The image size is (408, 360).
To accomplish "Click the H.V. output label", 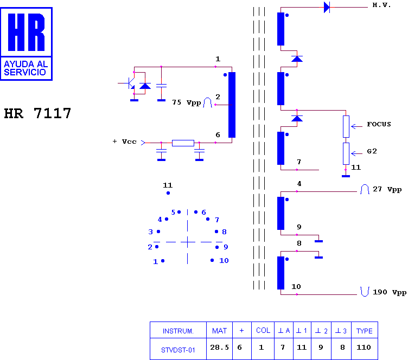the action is point(381,5).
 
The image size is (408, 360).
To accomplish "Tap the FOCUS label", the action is point(379,124).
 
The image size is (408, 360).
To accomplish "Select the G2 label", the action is point(372,151).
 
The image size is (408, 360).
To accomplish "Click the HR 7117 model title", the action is point(37,113).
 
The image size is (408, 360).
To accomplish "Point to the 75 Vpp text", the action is point(186,102).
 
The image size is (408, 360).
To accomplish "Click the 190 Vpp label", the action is point(390,292).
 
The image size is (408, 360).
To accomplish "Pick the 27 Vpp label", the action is point(387,189).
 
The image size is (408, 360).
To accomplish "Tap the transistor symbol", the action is point(130,83).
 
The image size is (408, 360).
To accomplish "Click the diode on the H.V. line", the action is point(327,7).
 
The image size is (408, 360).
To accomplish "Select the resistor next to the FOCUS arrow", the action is point(346,126).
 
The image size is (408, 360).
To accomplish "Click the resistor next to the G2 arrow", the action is point(346,153).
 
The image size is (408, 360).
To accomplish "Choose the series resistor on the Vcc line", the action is point(183,143).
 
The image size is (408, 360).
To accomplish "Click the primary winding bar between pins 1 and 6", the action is point(232,105).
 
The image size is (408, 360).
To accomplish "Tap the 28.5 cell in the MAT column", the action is point(219,348).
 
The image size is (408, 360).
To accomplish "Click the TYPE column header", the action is point(364,331).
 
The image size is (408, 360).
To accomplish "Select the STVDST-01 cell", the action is point(178,350).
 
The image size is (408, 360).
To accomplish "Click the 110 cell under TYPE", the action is point(364,348).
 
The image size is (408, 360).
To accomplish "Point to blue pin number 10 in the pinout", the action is point(224,260).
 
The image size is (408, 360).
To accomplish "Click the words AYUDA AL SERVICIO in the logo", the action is point(25,68).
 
